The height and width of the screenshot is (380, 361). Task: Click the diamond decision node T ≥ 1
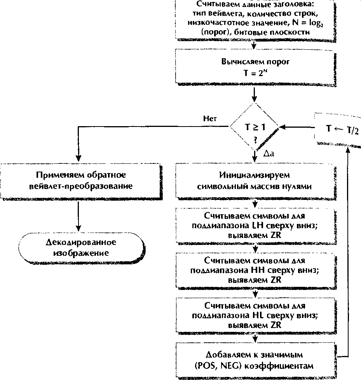pos(254,127)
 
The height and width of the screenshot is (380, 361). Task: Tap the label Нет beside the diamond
pos(210,118)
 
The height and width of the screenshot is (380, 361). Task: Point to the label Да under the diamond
pos(269,153)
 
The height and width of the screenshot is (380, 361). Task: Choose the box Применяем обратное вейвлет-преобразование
pos(81,181)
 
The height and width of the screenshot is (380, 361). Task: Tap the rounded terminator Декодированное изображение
pos(81,248)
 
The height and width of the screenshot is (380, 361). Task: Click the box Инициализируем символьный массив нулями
pos(256,181)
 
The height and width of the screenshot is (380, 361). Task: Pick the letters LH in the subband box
pos(258,226)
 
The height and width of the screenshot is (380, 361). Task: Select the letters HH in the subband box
pos(258,270)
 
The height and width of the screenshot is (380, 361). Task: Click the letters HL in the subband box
pos(258,315)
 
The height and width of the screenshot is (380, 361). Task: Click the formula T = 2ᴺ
pos(255,73)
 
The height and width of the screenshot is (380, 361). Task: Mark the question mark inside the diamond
pos(255,140)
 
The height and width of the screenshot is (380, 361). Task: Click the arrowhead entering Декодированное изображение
pos(78,229)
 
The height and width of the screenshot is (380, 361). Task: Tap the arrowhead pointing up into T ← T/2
pos(348,150)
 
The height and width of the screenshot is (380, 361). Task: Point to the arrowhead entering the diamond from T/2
pos(282,127)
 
